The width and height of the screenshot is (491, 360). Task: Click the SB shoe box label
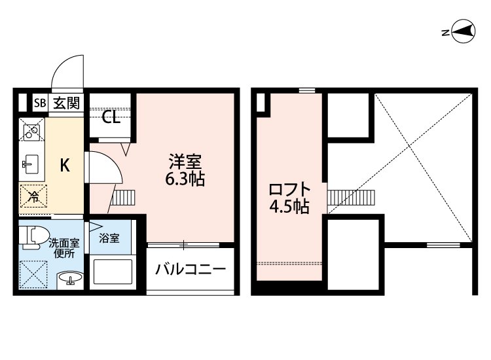click(40, 103)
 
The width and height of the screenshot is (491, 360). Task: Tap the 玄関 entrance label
click(66, 103)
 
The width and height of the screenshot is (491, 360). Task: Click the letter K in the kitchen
click(65, 166)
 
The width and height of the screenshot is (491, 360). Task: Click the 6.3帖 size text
click(185, 179)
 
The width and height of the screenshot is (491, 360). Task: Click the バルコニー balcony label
click(191, 269)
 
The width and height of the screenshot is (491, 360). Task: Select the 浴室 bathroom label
click(109, 238)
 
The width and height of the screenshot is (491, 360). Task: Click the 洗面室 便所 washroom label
click(63, 247)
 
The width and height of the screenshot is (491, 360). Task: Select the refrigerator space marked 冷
click(31, 196)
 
